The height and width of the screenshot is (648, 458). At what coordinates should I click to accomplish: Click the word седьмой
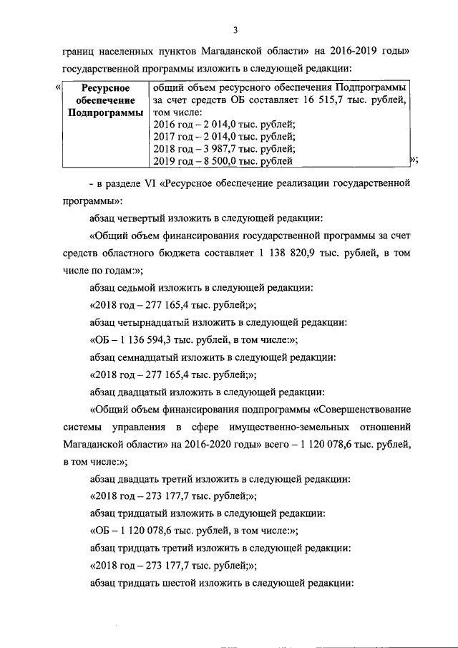click(x=137, y=289)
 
